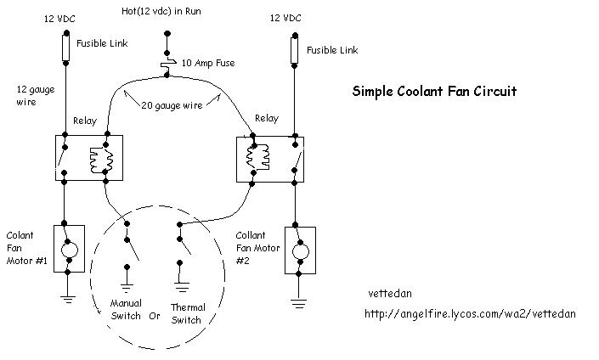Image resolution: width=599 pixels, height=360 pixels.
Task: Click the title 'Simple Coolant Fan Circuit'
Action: (x=434, y=91)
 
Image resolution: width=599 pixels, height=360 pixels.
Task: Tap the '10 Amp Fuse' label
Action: (x=209, y=63)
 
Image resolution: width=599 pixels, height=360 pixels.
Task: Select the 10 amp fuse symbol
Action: (x=167, y=62)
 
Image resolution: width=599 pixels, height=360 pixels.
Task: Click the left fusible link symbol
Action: (x=65, y=48)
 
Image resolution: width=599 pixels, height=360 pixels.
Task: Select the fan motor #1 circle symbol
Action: (x=71, y=249)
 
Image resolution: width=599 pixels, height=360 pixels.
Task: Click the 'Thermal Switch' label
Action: (x=187, y=313)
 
